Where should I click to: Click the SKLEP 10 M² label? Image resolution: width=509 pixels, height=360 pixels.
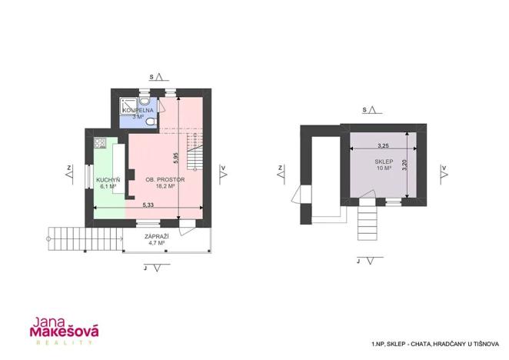pyautogui.click(x=384, y=165)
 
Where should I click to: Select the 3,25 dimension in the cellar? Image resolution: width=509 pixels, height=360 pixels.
pyautogui.click(x=382, y=145)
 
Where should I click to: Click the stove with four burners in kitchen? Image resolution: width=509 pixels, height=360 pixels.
pyautogui.click(x=99, y=142)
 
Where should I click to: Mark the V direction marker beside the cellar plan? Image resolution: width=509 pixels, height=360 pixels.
pyautogui.click(x=444, y=170)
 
